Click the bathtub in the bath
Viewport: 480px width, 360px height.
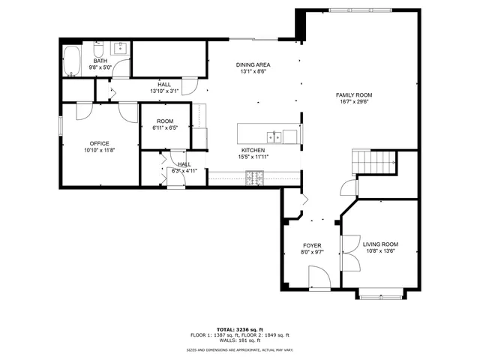point(73,61)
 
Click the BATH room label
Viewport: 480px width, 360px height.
point(100,61)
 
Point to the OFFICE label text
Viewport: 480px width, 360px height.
point(100,143)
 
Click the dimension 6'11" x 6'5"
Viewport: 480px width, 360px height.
point(165,127)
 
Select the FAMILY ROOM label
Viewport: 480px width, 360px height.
point(354,95)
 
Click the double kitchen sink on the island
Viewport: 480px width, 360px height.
point(275,136)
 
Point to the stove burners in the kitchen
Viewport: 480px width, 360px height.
point(255,177)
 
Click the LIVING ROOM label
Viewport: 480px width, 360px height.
point(380,244)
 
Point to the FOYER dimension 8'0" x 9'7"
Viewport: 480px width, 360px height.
point(312,253)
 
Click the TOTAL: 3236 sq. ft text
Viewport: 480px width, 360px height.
point(240,329)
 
